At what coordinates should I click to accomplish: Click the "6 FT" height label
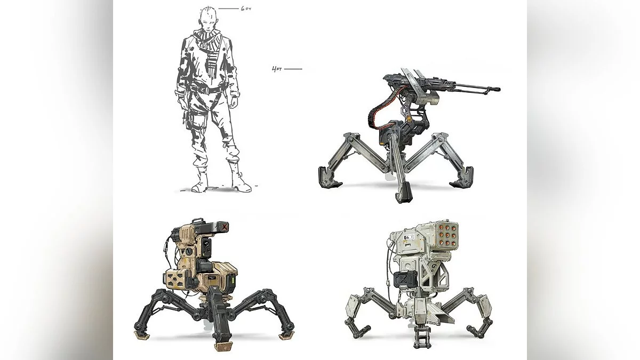(x=246, y=9)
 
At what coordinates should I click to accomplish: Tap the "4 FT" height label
(x=277, y=69)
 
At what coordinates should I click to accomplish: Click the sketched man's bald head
(x=207, y=17)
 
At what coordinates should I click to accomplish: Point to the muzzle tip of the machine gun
(x=499, y=89)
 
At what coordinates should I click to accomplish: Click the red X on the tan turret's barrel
(x=226, y=227)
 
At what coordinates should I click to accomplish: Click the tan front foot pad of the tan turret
(x=222, y=346)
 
